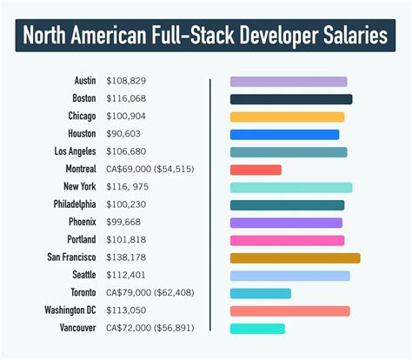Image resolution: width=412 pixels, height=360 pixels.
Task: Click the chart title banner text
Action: pos(206,37)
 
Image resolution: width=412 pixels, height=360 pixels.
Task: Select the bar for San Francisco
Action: pos(295,258)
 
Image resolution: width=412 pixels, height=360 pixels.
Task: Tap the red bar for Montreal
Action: pos(256,170)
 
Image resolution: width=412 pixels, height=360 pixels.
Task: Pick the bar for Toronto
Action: pos(260,293)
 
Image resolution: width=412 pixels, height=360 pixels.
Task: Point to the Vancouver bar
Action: pos(257,329)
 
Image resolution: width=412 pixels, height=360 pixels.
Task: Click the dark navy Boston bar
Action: pos(290,99)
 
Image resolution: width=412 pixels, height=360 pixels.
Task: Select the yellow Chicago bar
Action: pos(287,117)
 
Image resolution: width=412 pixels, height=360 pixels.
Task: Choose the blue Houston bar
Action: pos(284,135)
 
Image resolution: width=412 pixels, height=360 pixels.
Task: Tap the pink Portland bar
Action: pos(287,240)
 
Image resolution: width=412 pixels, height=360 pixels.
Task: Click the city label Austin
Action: pos(83,81)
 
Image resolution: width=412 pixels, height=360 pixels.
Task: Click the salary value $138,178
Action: pos(126,257)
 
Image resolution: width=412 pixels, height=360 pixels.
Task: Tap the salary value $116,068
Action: pos(126,99)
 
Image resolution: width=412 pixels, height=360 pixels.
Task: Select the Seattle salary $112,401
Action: pos(126,275)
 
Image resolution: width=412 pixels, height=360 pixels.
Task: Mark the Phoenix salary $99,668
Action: pos(124,222)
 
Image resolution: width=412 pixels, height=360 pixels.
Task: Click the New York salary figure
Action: pos(128,187)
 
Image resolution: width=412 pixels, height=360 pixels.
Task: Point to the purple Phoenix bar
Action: pos(286,223)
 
